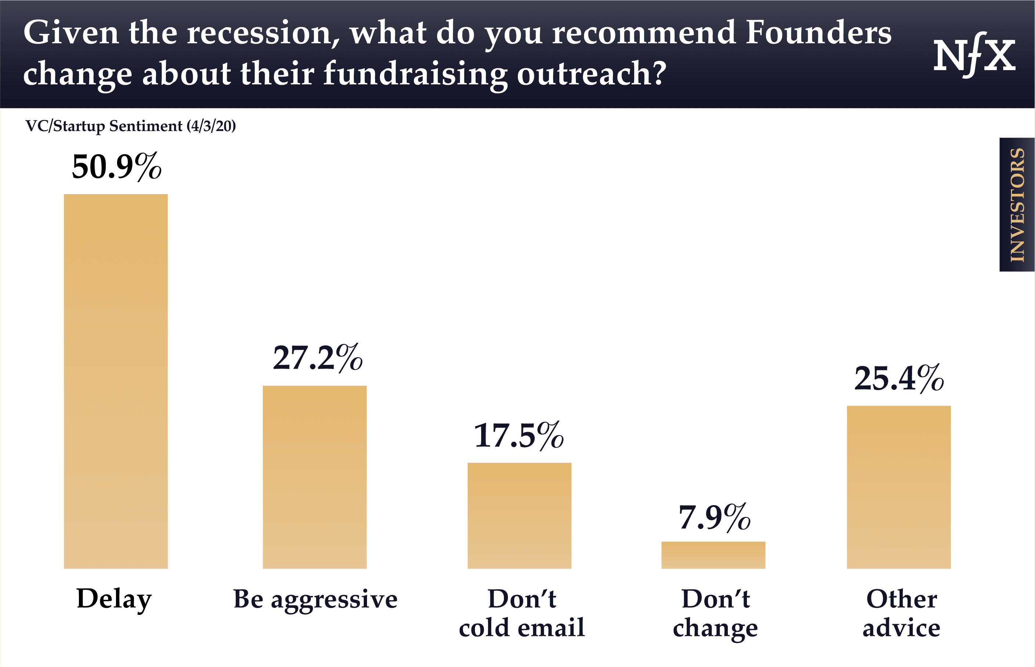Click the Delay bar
(116, 381)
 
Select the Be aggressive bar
(315, 477)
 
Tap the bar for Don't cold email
(519, 515)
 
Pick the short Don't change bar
(713, 555)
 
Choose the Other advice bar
(898, 487)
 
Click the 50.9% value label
(116, 167)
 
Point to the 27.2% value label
(317, 358)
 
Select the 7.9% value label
(714, 518)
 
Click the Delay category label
(114, 599)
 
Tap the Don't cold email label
(522, 613)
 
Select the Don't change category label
(715, 613)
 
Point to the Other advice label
(901, 613)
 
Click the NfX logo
(974, 55)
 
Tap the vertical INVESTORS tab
(1017, 204)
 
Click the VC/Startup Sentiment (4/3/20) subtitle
(130, 126)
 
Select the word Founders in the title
(818, 33)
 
